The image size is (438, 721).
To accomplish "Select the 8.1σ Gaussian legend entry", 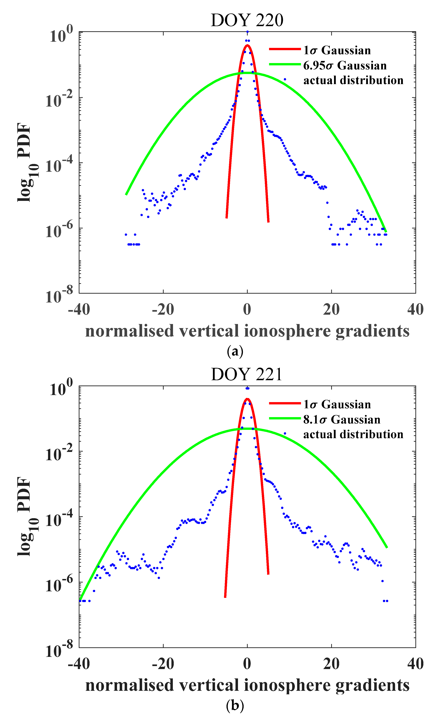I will (341, 420).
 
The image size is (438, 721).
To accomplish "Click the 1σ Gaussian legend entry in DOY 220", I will (337, 50).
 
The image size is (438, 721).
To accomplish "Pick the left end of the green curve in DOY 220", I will (126, 194).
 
